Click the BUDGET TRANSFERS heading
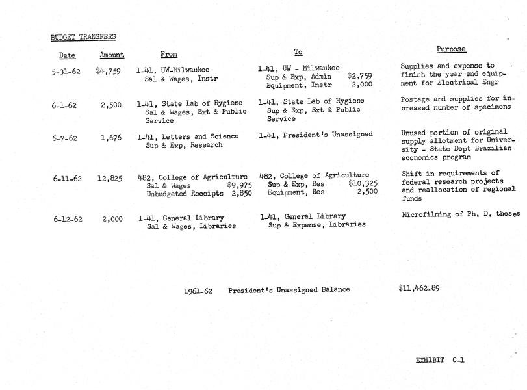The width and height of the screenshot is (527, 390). click(x=83, y=37)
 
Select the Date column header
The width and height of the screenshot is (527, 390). click(x=68, y=55)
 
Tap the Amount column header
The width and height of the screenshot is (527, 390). click(x=112, y=55)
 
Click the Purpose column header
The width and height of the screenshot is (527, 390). click(x=451, y=49)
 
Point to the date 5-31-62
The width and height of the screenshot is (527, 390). click(x=66, y=71)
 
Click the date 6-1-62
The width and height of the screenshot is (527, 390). click(x=66, y=105)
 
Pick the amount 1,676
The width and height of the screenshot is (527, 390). click(x=111, y=137)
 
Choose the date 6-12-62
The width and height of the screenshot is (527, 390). click(x=68, y=219)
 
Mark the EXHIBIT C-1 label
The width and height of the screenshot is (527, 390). click(x=440, y=359)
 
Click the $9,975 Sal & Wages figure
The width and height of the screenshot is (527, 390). click(x=238, y=185)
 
